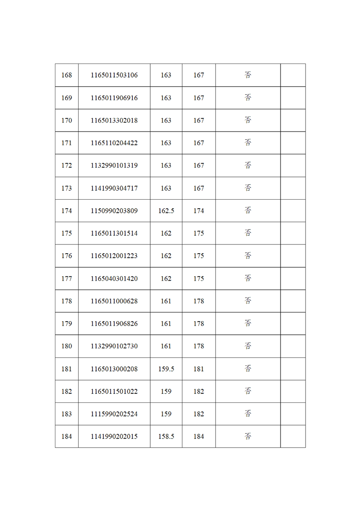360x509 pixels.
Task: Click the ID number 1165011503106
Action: pyautogui.click(x=114, y=75)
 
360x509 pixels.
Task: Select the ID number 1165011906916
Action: pyautogui.click(x=114, y=98)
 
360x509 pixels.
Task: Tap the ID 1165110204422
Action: pyautogui.click(x=114, y=143)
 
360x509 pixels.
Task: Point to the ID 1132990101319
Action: pyautogui.click(x=114, y=166)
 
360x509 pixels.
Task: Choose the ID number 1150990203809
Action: pyautogui.click(x=114, y=211)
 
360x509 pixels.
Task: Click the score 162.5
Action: pyautogui.click(x=166, y=211)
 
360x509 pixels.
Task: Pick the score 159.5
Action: pyautogui.click(x=166, y=369)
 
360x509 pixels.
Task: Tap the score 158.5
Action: pyautogui.click(x=166, y=436)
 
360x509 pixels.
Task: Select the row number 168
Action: pyautogui.click(x=67, y=75)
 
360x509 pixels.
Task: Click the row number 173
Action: pyautogui.click(x=67, y=188)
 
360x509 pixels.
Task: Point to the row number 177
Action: pyautogui.click(x=67, y=279)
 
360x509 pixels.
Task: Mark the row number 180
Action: pyautogui.click(x=67, y=346)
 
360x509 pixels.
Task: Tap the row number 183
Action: pyautogui.click(x=67, y=414)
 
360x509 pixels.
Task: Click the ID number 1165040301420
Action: pyautogui.click(x=114, y=279)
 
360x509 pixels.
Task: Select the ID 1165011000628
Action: pyautogui.click(x=114, y=301)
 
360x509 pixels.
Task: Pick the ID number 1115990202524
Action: pyautogui.click(x=114, y=414)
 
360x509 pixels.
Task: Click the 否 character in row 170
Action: pyautogui.click(x=248, y=120)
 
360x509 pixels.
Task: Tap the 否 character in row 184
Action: pyautogui.click(x=248, y=436)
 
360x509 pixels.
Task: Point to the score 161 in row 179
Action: pyautogui.click(x=166, y=323)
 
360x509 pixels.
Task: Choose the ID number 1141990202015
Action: pyautogui.click(x=114, y=436)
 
